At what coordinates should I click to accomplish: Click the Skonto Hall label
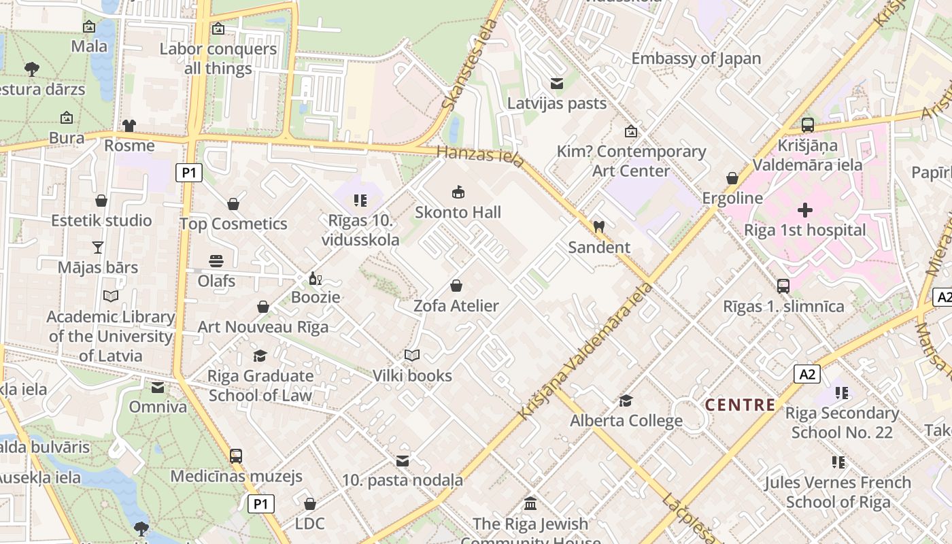click(458, 212)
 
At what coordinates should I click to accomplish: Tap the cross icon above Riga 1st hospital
click(805, 210)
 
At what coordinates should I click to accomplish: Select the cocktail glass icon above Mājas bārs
click(98, 248)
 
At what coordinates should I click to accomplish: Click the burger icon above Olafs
click(216, 261)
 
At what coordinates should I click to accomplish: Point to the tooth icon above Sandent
click(598, 226)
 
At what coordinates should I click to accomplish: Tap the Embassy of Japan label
click(696, 58)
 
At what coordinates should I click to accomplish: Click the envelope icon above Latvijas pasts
click(557, 84)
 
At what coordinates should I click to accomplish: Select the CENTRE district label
click(740, 405)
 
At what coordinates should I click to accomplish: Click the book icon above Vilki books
click(412, 355)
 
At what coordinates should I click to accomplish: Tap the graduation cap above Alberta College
click(626, 401)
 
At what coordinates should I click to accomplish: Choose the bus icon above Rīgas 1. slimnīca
click(783, 286)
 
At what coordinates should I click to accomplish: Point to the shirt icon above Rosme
click(129, 125)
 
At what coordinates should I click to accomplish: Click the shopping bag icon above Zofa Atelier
click(456, 286)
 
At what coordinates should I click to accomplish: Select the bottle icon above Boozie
click(315, 278)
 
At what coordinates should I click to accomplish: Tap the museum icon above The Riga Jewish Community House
click(530, 504)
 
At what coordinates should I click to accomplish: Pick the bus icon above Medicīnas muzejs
click(236, 456)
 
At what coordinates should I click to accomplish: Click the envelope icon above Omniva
click(158, 388)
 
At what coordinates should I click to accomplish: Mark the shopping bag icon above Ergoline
click(732, 178)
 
